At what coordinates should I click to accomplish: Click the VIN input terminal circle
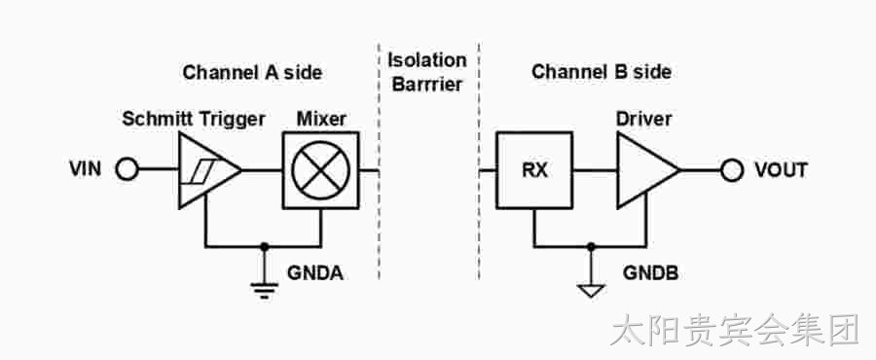(x=127, y=169)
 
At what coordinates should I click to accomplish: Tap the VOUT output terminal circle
(x=731, y=169)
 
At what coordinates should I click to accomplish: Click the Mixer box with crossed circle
(x=320, y=170)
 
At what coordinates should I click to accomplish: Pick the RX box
(x=534, y=170)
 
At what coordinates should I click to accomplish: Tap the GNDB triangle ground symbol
(x=591, y=291)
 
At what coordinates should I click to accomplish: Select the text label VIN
(x=86, y=169)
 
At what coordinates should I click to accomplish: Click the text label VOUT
(x=781, y=169)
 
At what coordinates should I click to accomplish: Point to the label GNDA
(x=315, y=273)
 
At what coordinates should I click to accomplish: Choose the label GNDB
(x=651, y=273)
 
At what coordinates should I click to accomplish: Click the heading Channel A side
(x=252, y=73)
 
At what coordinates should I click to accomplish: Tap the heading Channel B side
(x=602, y=72)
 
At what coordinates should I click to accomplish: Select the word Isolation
(x=427, y=59)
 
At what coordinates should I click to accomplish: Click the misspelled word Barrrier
(x=427, y=85)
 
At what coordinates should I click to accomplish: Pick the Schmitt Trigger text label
(x=194, y=120)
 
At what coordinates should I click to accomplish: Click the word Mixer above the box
(x=321, y=119)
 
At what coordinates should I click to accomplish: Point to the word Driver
(x=643, y=119)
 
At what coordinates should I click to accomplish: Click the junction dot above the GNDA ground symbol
(x=264, y=245)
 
